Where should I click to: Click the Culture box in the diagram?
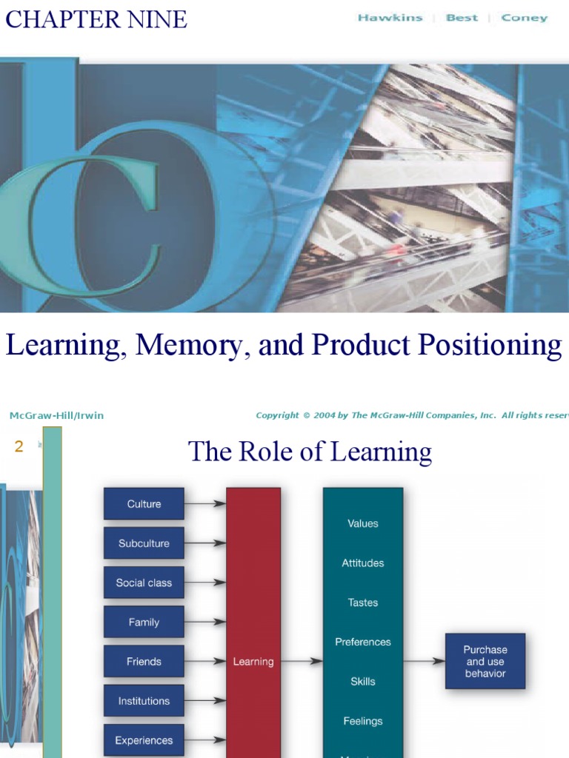144,504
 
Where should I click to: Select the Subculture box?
144,543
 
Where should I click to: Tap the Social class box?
144,583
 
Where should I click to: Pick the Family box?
144,623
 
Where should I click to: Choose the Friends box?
144,662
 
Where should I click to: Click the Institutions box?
144,701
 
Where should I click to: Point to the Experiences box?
144,740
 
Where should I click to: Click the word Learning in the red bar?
253,662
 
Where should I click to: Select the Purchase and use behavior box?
485,661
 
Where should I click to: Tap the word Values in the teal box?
363,523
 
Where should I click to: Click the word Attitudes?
363,563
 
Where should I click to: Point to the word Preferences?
363,642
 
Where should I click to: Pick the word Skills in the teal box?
363,682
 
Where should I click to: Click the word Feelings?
363,721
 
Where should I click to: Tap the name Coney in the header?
525,18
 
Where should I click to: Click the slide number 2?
19,446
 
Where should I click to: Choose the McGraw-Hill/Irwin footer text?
56,415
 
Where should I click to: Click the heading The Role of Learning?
310,452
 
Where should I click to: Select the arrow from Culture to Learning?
205,504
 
